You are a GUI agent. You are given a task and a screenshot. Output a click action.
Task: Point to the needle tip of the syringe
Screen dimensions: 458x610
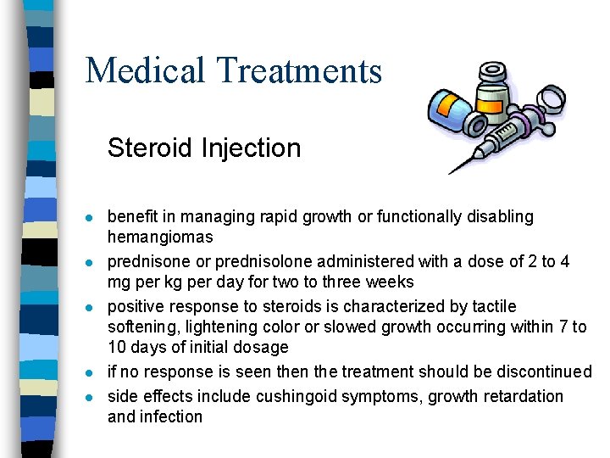[451, 172]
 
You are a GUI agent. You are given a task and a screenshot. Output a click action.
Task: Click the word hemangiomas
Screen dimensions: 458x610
[160, 237]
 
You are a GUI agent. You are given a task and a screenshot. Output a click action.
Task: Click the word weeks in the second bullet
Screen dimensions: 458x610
[390, 282]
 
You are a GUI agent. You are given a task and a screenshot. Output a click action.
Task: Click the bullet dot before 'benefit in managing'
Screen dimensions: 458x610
[90, 218]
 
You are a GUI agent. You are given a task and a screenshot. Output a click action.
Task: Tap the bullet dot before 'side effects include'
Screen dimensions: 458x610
[90, 397]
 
